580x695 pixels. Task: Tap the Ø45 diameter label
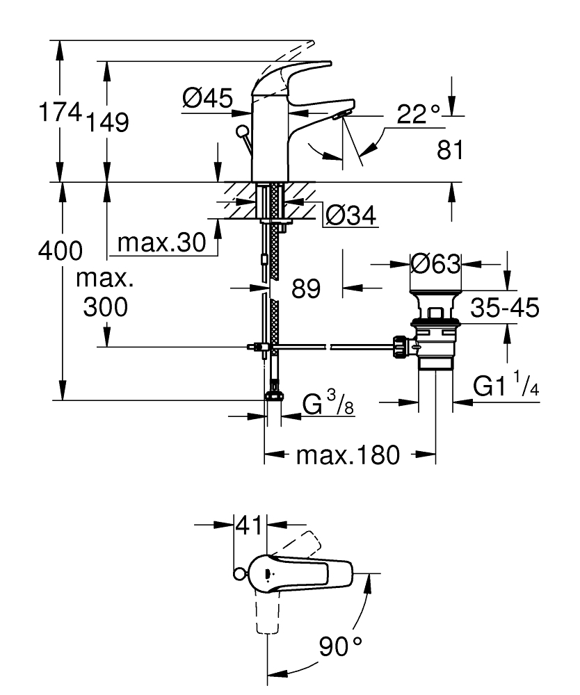coord(207,99)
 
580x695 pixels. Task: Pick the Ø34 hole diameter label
coord(351,215)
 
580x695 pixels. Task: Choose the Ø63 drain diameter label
coord(435,263)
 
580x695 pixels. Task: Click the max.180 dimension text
coord(348,456)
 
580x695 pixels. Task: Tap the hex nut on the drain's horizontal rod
coord(401,345)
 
